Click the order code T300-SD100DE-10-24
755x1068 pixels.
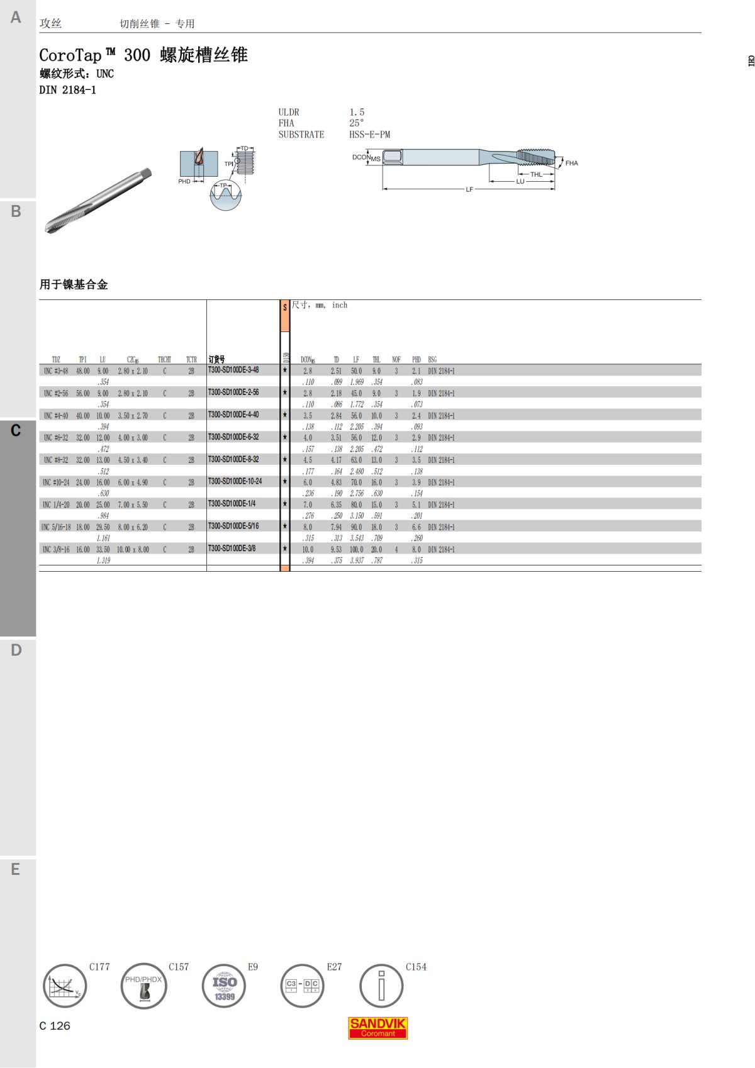pos(235,481)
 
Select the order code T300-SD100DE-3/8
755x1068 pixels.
pos(232,548)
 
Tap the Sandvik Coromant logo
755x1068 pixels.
pos(377,1028)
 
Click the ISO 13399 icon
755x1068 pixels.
pos(224,986)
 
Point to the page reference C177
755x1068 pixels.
pos(99,967)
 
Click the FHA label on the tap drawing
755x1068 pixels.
pos(571,163)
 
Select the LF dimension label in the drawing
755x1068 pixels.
pos(469,189)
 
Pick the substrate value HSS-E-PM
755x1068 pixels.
pos(369,135)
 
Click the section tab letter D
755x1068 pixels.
pos(16,650)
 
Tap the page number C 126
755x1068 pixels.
pos(55,1026)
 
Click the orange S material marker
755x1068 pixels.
pos(284,316)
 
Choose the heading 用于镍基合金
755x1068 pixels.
pos(74,284)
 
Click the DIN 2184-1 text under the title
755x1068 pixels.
pos(67,90)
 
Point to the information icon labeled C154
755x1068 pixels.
pos(381,986)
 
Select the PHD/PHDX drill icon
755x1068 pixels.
pos(144,986)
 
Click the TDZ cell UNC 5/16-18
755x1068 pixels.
pos(56,527)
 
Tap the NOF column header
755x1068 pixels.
pos(396,360)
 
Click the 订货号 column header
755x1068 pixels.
pos(216,360)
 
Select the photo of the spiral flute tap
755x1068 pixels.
pos(99,201)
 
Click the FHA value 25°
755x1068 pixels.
pos(356,123)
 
